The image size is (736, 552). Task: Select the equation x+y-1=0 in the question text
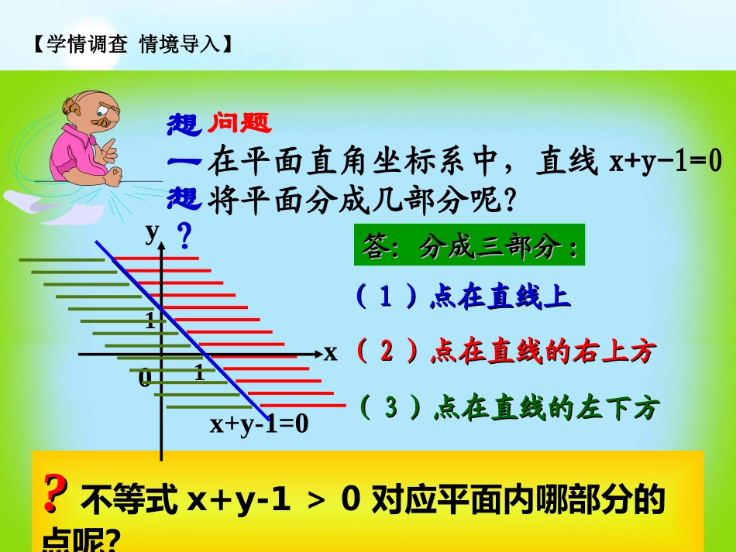665,162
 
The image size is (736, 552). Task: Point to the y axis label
153,231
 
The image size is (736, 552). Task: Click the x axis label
331,353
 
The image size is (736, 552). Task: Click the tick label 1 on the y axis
150,321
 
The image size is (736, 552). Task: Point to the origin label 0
145,379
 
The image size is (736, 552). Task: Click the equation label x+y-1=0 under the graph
259,424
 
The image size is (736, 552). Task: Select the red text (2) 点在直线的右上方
504,352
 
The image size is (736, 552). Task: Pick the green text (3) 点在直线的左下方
508,408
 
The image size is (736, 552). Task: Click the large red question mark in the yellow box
53,495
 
